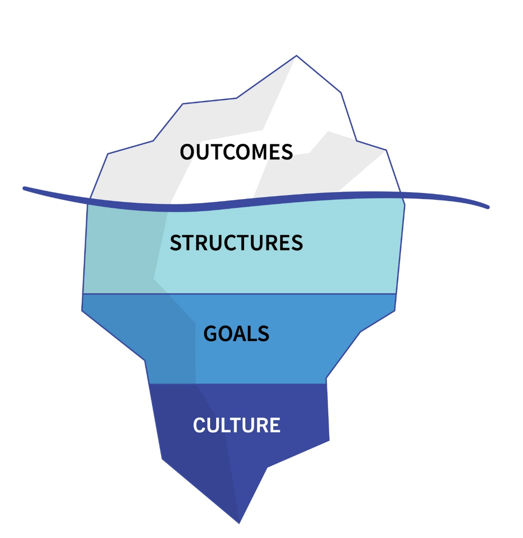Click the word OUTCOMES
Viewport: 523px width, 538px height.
pos(236,152)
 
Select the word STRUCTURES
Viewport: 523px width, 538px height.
pos(236,243)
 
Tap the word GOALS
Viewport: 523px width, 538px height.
pos(236,334)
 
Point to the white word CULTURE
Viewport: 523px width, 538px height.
pos(237,425)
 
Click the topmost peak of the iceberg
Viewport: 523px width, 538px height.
pos(296,56)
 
